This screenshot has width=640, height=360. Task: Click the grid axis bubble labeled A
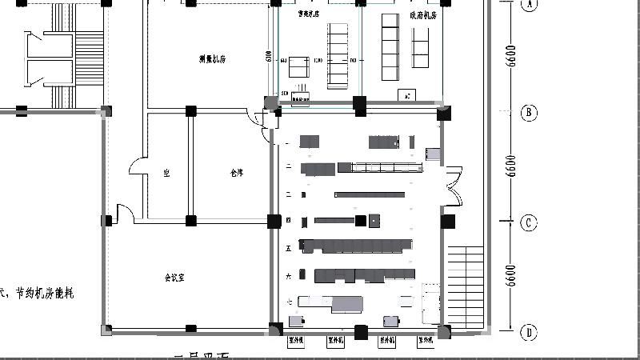coord(529,4)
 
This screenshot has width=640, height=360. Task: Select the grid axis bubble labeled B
coord(529,113)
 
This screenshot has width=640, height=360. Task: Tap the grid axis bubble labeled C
coord(529,222)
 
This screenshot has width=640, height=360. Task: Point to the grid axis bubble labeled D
coord(529,332)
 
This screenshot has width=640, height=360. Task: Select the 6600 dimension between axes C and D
coord(512,277)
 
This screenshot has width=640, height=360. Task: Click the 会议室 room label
coord(174,278)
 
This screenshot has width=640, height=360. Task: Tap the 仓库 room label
coord(236,172)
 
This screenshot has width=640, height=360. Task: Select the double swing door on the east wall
coord(453,186)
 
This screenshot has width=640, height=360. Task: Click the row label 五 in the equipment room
coord(288,247)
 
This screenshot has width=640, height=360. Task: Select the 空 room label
coord(166,172)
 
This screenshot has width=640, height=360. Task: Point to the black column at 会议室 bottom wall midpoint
coord(190,329)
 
